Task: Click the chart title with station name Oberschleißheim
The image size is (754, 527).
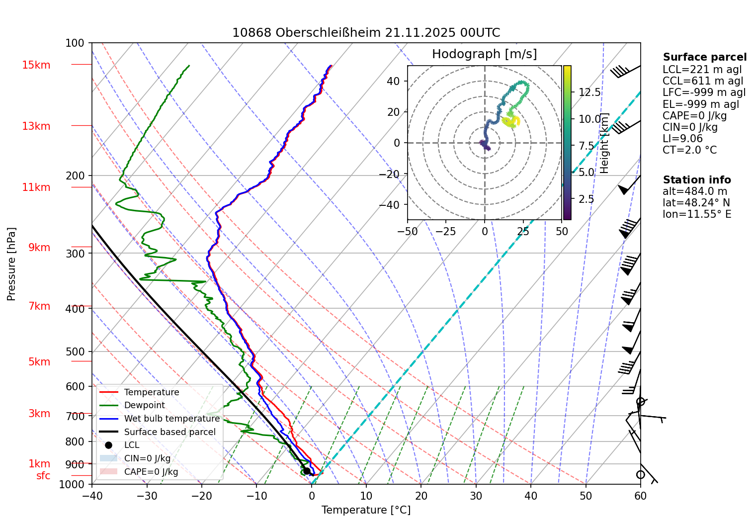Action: (x=366, y=33)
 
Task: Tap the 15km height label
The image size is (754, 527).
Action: (x=36, y=65)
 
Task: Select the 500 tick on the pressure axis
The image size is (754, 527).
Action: (x=75, y=351)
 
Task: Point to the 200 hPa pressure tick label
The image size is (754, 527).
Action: (x=75, y=176)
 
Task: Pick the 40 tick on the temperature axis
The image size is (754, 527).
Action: (x=531, y=496)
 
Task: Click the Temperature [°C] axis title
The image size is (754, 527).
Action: (x=366, y=510)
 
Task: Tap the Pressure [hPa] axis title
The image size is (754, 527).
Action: (x=11, y=264)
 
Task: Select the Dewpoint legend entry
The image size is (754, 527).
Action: (x=144, y=405)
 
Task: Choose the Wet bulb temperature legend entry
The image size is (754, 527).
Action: (x=171, y=419)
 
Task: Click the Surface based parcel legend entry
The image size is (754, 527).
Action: (x=169, y=432)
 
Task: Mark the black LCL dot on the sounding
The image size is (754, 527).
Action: (x=307, y=471)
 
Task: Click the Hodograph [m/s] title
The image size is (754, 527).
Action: (x=484, y=54)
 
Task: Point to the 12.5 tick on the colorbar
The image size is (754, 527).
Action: (x=589, y=92)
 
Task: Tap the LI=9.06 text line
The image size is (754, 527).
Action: (x=682, y=139)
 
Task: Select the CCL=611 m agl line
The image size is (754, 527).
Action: (x=703, y=81)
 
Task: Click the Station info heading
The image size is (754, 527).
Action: (x=697, y=180)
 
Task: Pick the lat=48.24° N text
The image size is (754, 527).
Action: (x=696, y=203)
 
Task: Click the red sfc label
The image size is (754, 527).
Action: (x=43, y=476)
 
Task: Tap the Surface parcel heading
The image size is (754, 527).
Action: (x=705, y=57)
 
